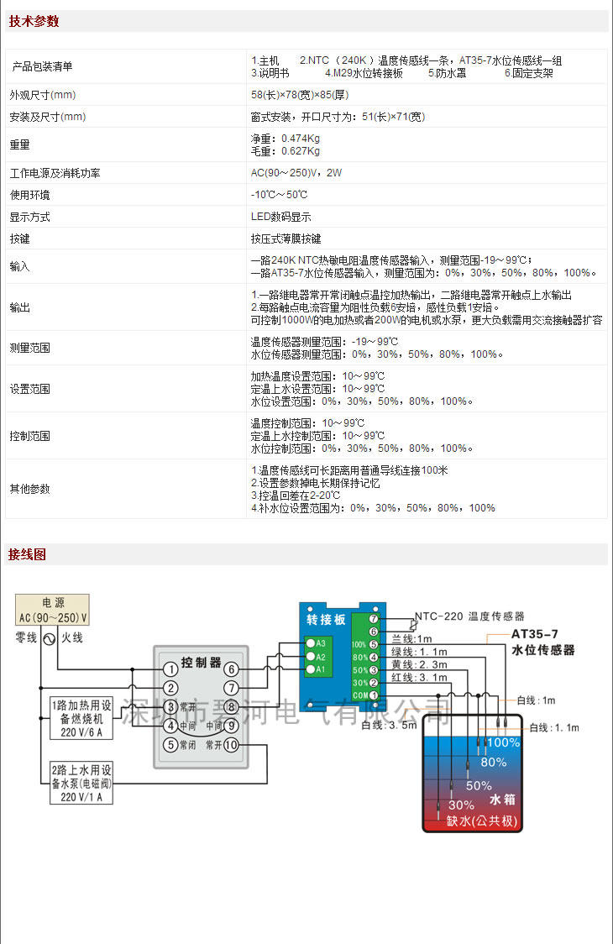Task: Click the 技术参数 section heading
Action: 34,22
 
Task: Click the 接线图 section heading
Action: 28,554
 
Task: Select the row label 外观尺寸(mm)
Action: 43,95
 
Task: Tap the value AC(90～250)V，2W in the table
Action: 296,173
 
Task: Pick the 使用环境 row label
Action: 29,195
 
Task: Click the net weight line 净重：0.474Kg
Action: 286,139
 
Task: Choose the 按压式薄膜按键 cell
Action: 286,239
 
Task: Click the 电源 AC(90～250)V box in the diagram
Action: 53,610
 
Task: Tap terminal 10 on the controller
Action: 232,745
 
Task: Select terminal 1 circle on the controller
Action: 170,669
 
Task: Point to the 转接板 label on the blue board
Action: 326,620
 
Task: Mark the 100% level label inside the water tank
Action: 503,742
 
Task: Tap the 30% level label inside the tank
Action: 461,805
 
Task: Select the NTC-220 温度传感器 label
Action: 472,616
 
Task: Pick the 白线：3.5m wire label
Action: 389,725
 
